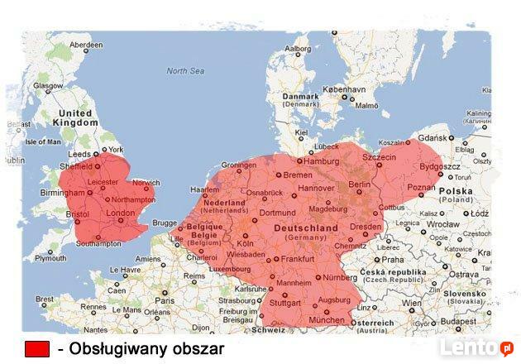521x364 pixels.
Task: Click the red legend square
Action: click(x=37, y=349)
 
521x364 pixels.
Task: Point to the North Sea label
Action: click(x=184, y=71)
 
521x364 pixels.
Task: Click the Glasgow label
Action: click(x=48, y=85)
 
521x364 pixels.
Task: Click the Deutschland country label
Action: click(x=305, y=227)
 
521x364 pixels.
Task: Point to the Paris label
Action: click(x=165, y=300)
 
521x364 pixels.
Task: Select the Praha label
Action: click(x=392, y=259)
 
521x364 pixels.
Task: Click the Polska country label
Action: click(x=456, y=190)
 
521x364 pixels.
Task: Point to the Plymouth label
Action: click(x=50, y=258)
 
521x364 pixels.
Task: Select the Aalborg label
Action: click(x=297, y=48)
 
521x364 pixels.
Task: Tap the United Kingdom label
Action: click(x=75, y=117)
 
